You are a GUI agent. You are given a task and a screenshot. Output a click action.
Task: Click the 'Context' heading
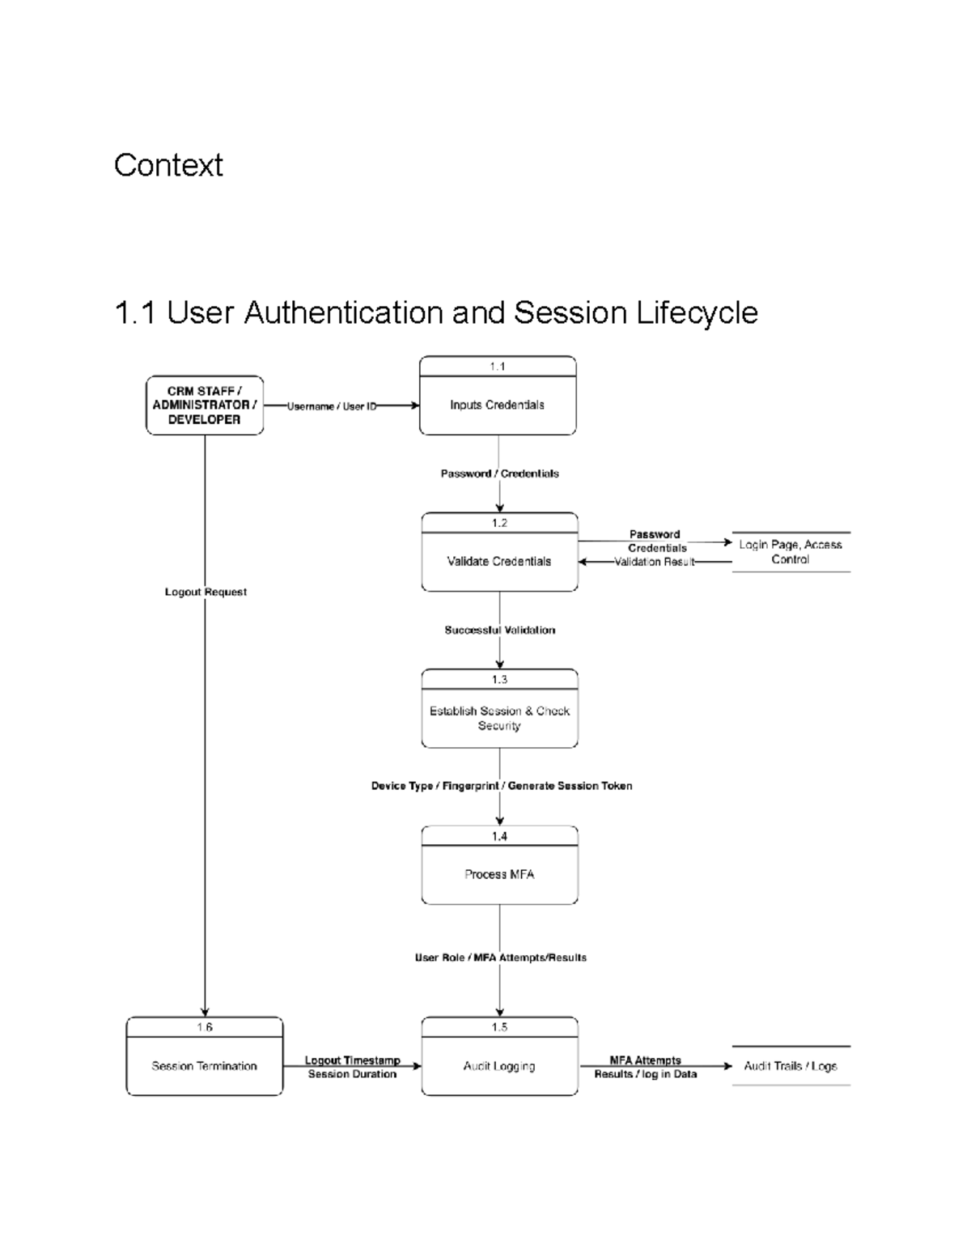pos(168,165)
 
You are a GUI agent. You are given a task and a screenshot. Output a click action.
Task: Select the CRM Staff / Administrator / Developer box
pos(205,405)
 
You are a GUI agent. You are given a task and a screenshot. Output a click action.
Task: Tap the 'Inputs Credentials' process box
pos(498,405)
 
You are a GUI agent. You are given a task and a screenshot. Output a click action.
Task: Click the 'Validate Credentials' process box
pos(499,561)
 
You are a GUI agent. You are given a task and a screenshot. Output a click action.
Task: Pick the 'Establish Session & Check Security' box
pos(499,717)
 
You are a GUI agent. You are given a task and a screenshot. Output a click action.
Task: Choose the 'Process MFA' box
pos(499,874)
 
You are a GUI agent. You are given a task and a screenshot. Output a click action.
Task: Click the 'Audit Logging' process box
pos(499,1066)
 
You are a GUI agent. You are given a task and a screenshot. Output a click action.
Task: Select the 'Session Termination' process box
pos(204,1066)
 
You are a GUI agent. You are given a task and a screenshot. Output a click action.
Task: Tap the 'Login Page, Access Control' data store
pos(791,552)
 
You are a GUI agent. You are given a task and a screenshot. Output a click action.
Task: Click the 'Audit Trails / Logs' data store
pos(791,1066)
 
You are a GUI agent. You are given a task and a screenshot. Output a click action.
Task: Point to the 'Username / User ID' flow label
pos(332,406)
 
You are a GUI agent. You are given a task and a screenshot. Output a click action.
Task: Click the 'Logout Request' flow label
pos(206,592)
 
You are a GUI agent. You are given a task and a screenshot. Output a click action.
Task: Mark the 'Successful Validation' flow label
pos(499,630)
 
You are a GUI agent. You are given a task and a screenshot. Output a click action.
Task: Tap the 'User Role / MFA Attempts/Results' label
pos(500,958)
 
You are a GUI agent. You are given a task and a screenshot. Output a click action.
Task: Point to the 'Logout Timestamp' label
pos(352,1060)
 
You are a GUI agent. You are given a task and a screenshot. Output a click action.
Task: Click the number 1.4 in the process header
pos(499,836)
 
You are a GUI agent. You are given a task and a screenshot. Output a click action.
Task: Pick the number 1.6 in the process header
pos(204,1027)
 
